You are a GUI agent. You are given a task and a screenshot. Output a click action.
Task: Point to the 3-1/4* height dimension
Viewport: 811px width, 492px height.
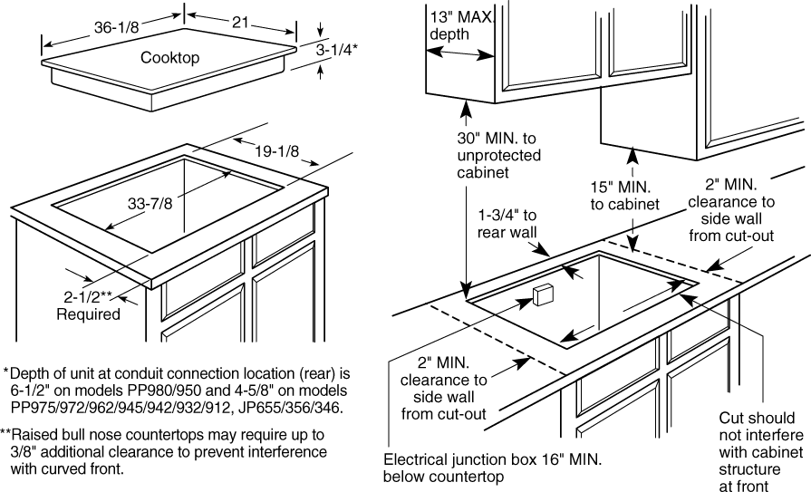click(x=337, y=53)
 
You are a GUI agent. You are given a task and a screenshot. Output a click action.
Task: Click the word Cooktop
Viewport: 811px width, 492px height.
click(x=169, y=58)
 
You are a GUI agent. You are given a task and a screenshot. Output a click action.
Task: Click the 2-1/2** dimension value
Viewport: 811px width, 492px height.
click(x=87, y=297)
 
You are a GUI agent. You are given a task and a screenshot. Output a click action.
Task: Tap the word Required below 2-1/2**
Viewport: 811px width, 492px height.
click(x=88, y=314)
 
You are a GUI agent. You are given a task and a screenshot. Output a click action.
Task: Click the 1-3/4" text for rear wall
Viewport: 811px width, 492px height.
click(x=507, y=216)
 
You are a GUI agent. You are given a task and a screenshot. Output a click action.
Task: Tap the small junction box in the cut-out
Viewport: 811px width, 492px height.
click(x=544, y=294)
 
